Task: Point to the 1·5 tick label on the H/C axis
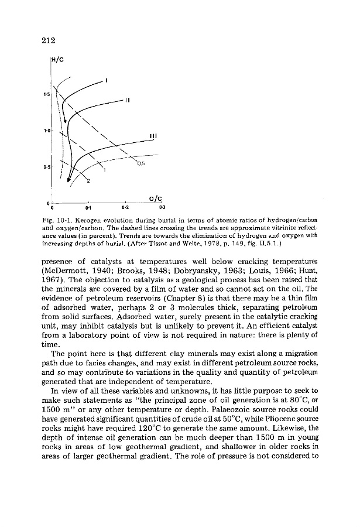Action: coord(46,94)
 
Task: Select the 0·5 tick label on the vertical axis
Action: coord(46,166)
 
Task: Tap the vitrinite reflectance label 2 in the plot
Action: coord(88,182)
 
